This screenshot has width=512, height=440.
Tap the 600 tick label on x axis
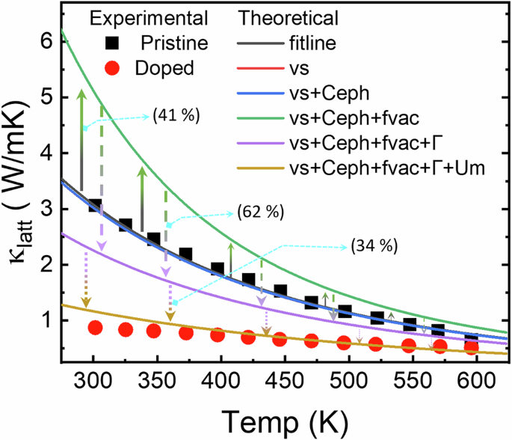pyautogui.click(x=448, y=379)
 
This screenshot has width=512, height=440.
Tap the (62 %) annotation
pyautogui.click(x=260, y=212)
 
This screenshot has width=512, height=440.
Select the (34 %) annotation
pyautogui.click(x=371, y=245)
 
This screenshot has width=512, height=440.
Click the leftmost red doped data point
pyautogui.click(x=95, y=327)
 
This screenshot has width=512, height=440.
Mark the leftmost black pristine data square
pyautogui.click(x=95, y=205)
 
